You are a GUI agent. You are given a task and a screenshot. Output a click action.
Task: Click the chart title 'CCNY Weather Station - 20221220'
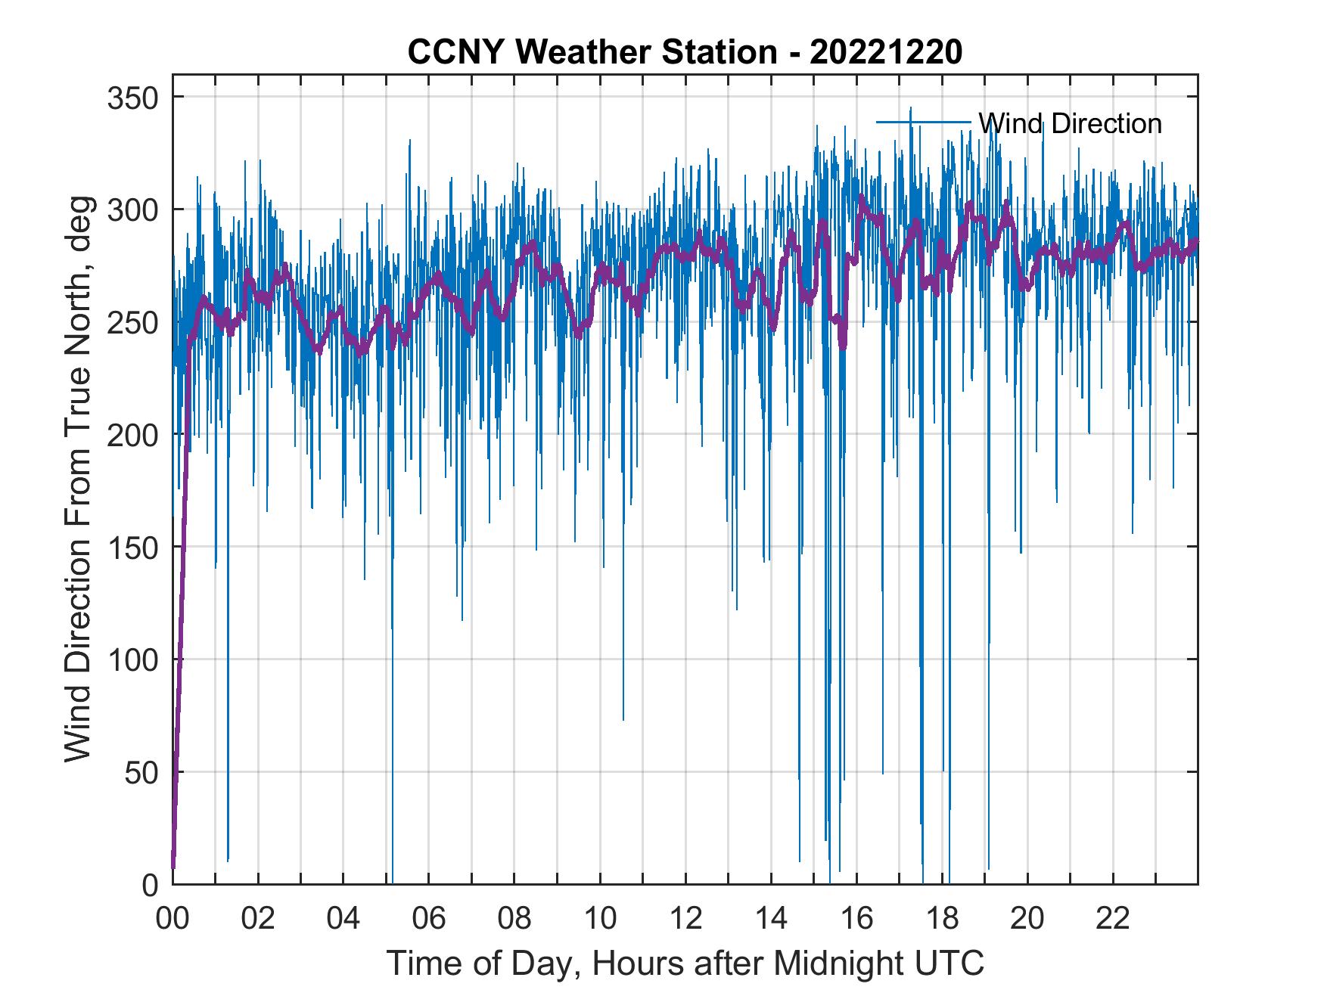[685, 52]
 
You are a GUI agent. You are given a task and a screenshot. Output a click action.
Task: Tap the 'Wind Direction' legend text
[1070, 123]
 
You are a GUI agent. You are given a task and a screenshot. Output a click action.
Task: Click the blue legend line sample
[923, 122]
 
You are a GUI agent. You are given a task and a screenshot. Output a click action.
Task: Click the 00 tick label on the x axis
[172, 919]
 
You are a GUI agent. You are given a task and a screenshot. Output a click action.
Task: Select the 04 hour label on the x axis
[343, 919]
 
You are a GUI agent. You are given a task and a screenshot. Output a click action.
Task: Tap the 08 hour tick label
[514, 919]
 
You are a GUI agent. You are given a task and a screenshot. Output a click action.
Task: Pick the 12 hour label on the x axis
[685, 919]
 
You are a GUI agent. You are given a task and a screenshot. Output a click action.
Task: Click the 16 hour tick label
[856, 919]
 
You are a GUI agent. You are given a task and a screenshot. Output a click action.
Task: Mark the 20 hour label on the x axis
[1027, 919]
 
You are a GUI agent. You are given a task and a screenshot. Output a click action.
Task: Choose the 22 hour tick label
[1113, 919]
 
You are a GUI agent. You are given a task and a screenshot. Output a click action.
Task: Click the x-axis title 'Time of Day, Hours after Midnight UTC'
[685, 964]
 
